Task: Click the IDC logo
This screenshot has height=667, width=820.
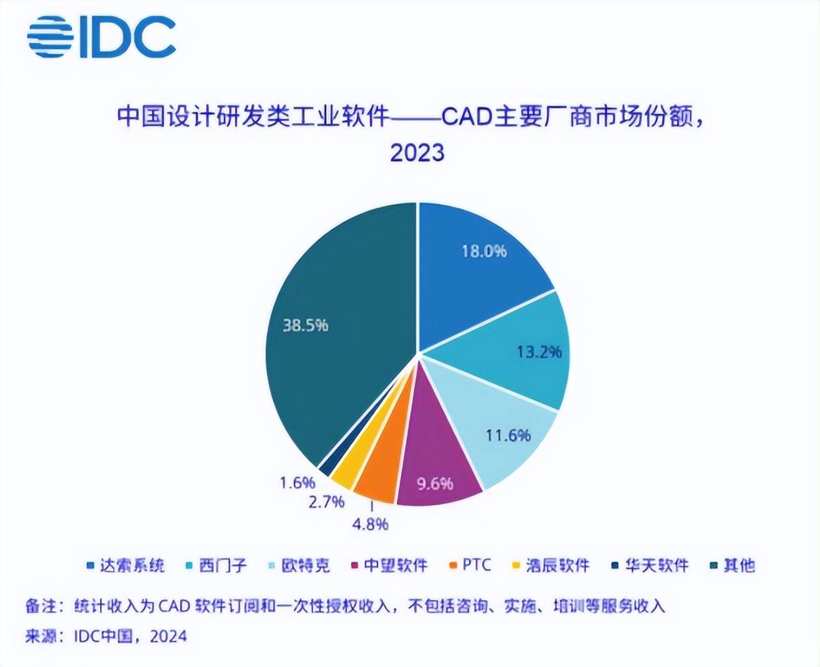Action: pos(101,37)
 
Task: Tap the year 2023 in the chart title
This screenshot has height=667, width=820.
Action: pos(417,152)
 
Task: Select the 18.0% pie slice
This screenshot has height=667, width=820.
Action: pos(481,260)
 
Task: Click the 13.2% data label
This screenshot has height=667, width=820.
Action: pos(539,352)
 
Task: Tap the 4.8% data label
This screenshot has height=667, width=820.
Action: pos(370,523)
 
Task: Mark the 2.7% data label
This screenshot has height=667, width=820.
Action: pos(326,502)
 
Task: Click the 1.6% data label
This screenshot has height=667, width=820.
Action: pos(297,482)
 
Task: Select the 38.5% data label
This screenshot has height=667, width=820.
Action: pos(305,324)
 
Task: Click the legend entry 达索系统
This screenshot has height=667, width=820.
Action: pos(127,566)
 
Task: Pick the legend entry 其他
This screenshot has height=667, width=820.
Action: pos(732,566)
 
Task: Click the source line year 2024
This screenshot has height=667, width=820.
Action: pos(168,636)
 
